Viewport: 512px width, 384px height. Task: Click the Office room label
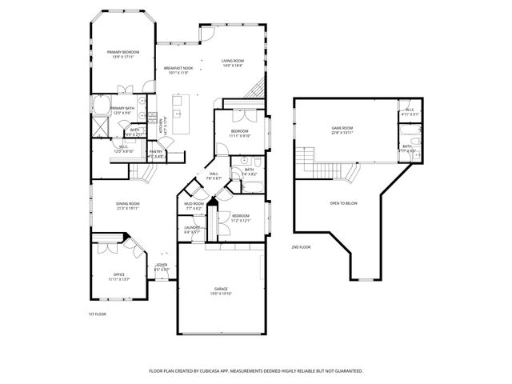pos(118,277)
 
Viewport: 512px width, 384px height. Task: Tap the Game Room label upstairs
pos(342,130)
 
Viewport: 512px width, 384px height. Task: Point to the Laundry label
pos(192,229)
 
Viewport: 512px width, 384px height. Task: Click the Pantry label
pos(156,154)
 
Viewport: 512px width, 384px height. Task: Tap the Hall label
pos(214,175)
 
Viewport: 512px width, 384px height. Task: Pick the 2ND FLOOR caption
pos(302,247)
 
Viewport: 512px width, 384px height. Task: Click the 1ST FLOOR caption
pos(97,314)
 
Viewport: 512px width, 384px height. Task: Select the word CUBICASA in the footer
pos(238,371)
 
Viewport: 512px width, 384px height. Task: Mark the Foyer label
pos(162,266)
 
